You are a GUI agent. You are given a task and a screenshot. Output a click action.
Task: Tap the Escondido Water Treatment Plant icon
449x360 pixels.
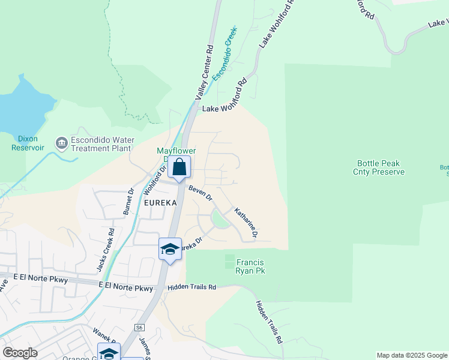click(x=61, y=143)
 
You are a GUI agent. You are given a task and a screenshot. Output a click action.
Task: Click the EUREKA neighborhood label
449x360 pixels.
click(x=161, y=203)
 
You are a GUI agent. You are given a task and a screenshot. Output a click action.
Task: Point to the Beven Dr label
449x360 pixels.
click(x=200, y=193)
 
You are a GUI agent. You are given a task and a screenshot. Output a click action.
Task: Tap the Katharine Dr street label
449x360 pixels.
click(x=246, y=223)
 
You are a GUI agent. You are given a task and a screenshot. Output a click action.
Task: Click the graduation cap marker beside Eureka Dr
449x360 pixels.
click(x=170, y=249)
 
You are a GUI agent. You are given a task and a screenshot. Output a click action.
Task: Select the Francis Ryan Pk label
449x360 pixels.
click(x=251, y=266)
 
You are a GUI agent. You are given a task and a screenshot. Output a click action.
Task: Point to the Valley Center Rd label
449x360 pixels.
click(x=204, y=72)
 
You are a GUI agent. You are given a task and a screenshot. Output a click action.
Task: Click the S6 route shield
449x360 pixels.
click(x=140, y=328)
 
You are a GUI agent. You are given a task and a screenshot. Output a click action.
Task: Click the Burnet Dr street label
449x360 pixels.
click(x=128, y=202)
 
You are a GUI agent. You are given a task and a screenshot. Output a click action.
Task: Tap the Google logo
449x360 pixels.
click(x=20, y=353)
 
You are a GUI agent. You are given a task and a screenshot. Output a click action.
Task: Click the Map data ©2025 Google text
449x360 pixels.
click(x=411, y=355)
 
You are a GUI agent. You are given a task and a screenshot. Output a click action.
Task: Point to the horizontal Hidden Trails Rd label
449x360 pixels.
click(x=191, y=287)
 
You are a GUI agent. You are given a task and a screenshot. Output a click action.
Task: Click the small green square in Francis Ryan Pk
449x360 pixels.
click(x=229, y=262)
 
